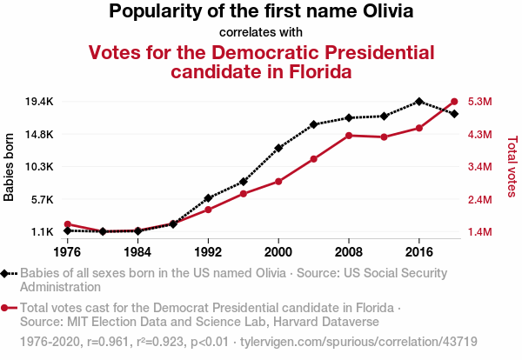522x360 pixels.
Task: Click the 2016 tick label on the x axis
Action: [x=419, y=252]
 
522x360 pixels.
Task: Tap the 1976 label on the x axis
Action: [x=67, y=252]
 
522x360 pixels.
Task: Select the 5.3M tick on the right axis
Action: [x=480, y=102]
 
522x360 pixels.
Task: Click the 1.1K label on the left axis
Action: [x=41, y=232]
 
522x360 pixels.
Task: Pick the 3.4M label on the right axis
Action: [x=480, y=167]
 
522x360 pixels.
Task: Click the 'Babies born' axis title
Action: [x=10, y=167]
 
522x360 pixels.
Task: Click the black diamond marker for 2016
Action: [x=419, y=102]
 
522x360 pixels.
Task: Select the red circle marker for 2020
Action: [x=454, y=101]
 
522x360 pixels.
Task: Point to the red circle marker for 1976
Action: [x=67, y=224]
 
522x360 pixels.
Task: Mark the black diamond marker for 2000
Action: [x=278, y=148]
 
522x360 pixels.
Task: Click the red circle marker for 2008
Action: [x=349, y=136]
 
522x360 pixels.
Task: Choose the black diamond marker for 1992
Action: [x=208, y=198]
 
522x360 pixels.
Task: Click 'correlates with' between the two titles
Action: [x=261, y=33]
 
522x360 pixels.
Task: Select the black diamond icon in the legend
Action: [x=7, y=273]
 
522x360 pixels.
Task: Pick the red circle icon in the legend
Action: [x=7, y=308]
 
